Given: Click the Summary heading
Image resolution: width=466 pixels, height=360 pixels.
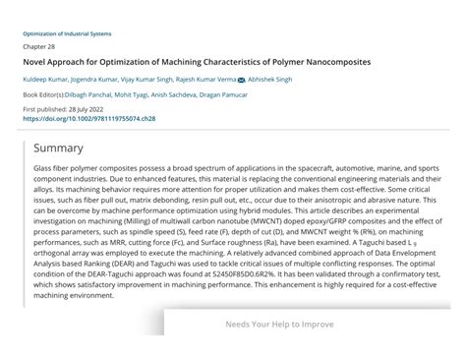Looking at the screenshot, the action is point(58,149).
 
